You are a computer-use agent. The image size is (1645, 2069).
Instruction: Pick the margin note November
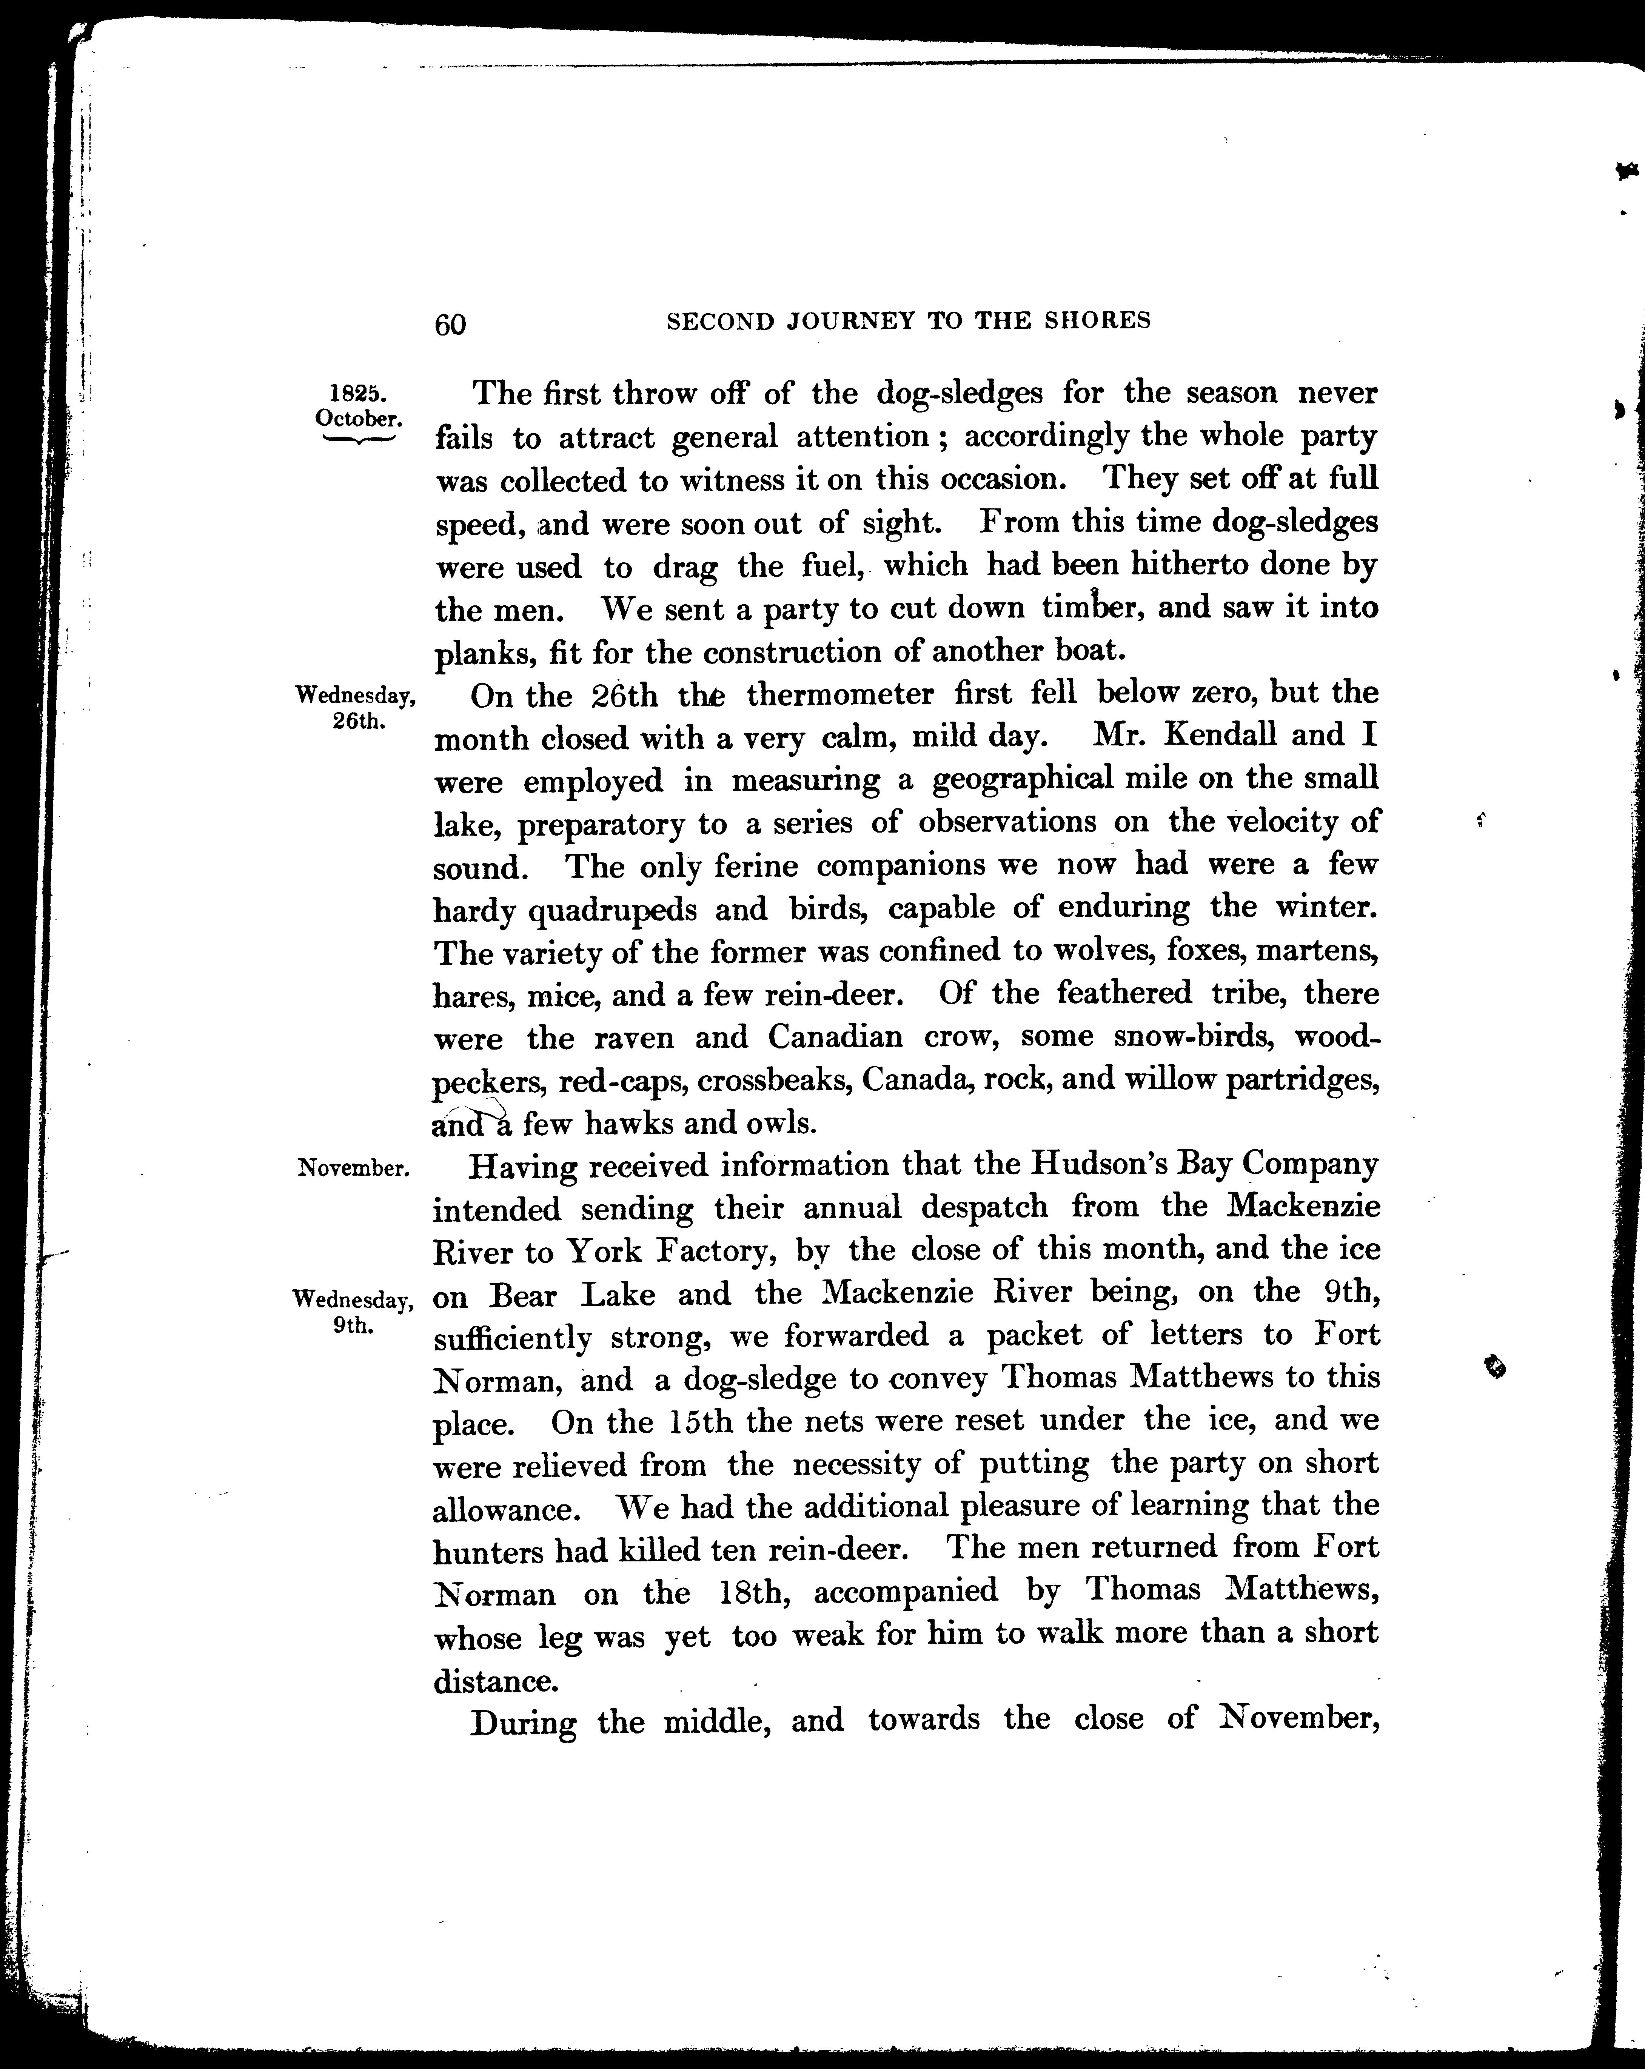(x=354, y=1168)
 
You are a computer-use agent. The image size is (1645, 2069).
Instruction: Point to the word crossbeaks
(x=773, y=1081)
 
